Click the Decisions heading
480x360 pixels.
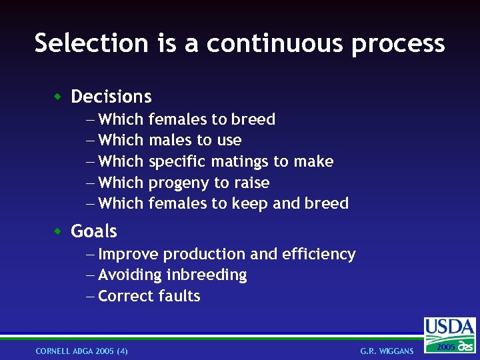[x=111, y=97]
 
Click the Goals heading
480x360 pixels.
[x=94, y=231]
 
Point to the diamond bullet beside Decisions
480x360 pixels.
[x=58, y=97]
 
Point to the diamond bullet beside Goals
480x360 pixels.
[x=58, y=231]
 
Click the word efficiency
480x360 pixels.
[x=319, y=254]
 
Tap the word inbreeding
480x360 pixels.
[x=207, y=275]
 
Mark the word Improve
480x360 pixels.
[x=128, y=254]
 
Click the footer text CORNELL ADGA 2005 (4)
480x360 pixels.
[x=82, y=351]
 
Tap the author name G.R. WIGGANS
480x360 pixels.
[x=387, y=351]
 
